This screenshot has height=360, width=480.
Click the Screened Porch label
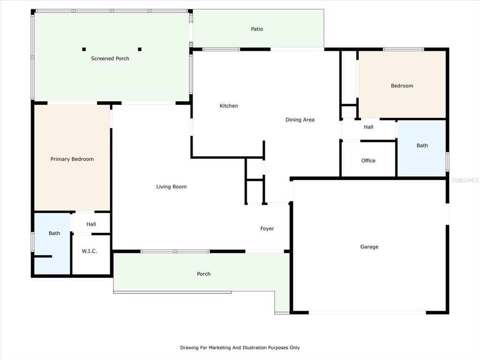pyautogui.click(x=110, y=59)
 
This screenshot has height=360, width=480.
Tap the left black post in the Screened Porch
pyautogui.click(x=84, y=49)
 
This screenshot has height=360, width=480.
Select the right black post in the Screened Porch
pyautogui.click(x=140, y=49)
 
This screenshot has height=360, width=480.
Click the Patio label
pyautogui.click(x=257, y=29)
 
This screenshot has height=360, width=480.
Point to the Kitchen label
pyautogui.click(x=229, y=106)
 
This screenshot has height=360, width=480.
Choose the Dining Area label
pyautogui.click(x=300, y=120)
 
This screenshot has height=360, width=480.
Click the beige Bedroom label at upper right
pyautogui.click(x=402, y=86)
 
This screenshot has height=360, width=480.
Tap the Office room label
pyautogui.click(x=368, y=161)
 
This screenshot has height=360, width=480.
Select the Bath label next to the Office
pyautogui.click(x=422, y=146)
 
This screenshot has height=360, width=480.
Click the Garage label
pyautogui.click(x=369, y=247)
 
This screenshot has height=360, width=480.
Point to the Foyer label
pyautogui.click(x=267, y=229)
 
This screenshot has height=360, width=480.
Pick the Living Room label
pyautogui.click(x=172, y=187)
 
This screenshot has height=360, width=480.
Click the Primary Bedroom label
pyautogui.click(x=72, y=159)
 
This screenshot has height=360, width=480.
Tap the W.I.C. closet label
pyautogui.click(x=90, y=251)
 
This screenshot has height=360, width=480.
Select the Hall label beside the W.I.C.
pyautogui.click(x=91, y=225)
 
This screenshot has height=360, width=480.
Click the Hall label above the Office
pyautogui.click(x=368, y=127)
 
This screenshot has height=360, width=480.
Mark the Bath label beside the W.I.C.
pyautogui.click(x=54, y=233)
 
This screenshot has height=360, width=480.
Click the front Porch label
pyautogui.click(x=204, y=274)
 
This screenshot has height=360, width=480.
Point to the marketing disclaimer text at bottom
pyautogui.click(x=240, y=348)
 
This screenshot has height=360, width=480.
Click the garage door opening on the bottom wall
pyautogui.click(x=367, y=313)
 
